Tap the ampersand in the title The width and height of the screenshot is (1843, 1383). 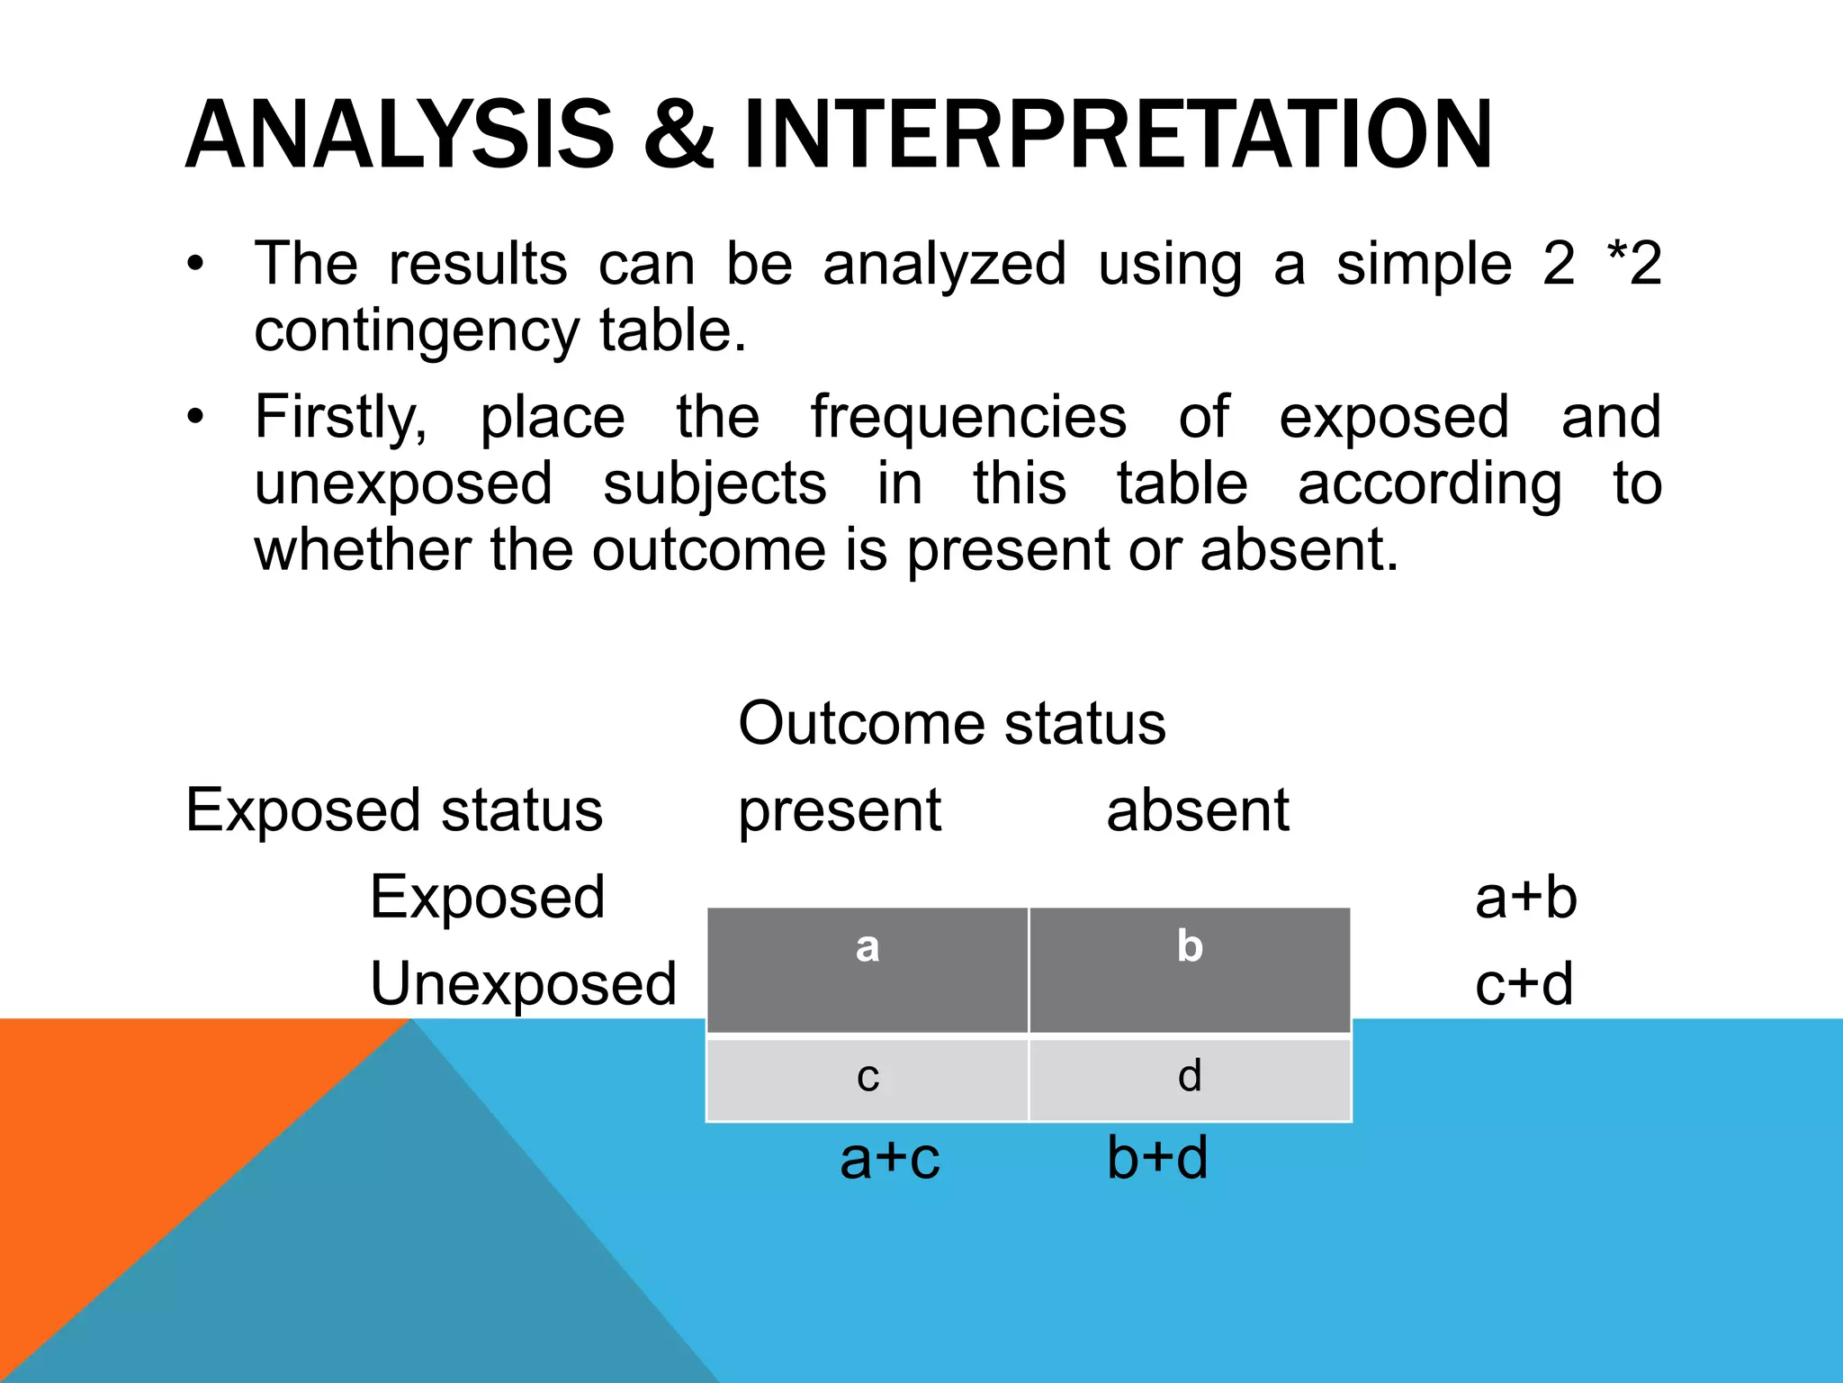pos(679,135)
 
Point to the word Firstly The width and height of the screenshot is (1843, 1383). pos(340,419)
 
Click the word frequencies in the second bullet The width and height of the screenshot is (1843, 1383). pos(968,417)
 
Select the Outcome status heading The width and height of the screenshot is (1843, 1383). pos(951,723)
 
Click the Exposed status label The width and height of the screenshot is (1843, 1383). pos(394,809)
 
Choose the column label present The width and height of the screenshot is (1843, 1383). pos(839,811)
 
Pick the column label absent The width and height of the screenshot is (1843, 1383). pos(1197,809)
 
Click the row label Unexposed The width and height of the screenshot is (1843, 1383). pos(523,984)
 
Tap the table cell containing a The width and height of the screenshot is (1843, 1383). pos(868,970)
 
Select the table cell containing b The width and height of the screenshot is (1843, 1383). pos(1190,970)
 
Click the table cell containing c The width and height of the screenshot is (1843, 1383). pos(868,1079)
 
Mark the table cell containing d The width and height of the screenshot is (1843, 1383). pos(1190,1079)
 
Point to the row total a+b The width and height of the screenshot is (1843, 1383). pos(1525,898)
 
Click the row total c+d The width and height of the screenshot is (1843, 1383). pos(1524,984)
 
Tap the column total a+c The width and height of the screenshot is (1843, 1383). pos(889,1158)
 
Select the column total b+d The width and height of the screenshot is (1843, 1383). pos(1157,1158)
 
